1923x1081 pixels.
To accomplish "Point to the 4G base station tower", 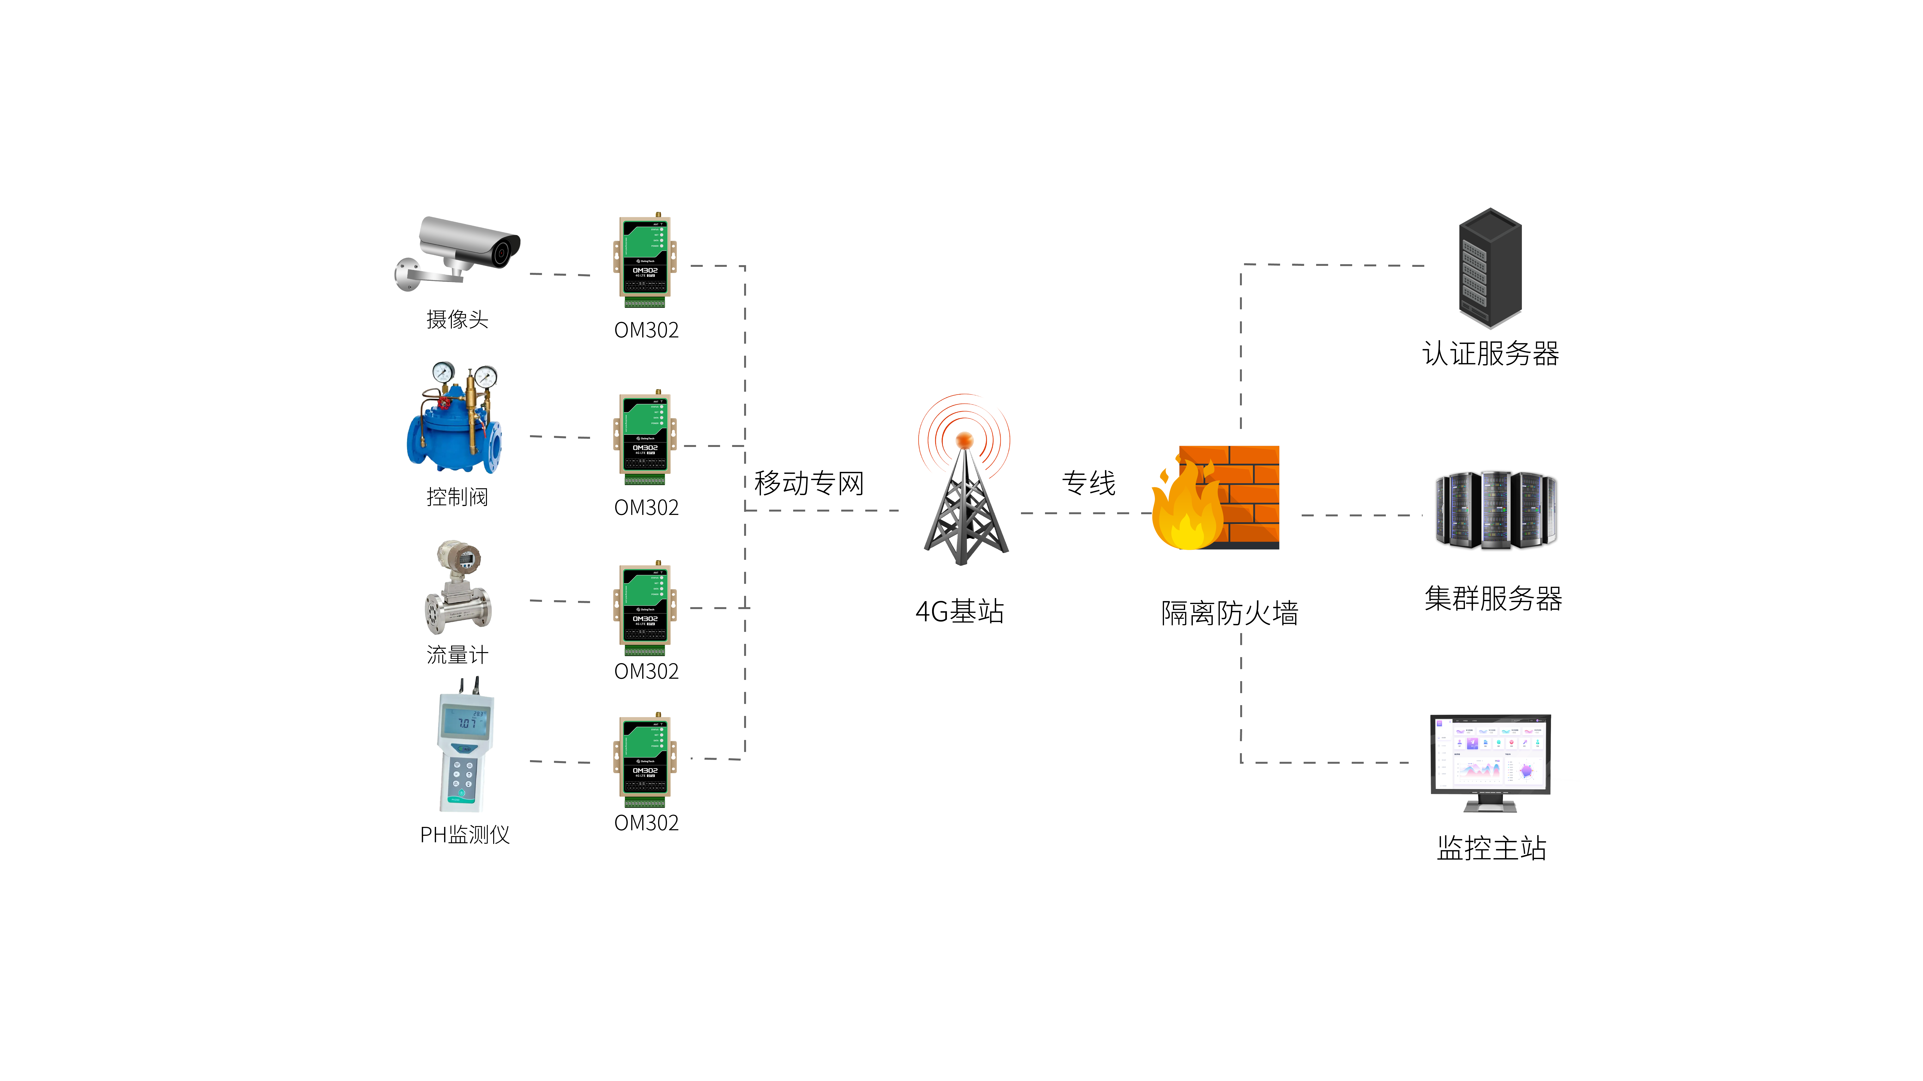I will coord(965,507).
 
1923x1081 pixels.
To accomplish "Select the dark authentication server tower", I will coord(1490,267).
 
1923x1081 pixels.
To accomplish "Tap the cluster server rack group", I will coord(1495,511).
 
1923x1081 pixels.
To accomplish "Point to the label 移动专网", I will coord(809,483).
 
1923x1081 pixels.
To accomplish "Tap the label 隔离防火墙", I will coord(1230,613).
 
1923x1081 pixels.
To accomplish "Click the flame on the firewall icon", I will coord(1187,511).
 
